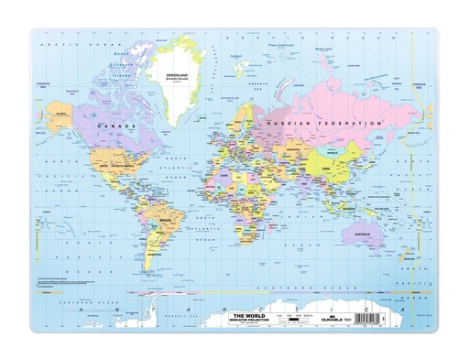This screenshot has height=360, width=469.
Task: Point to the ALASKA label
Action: click(63, 114)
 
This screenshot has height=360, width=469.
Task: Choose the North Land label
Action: click(322, 49)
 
